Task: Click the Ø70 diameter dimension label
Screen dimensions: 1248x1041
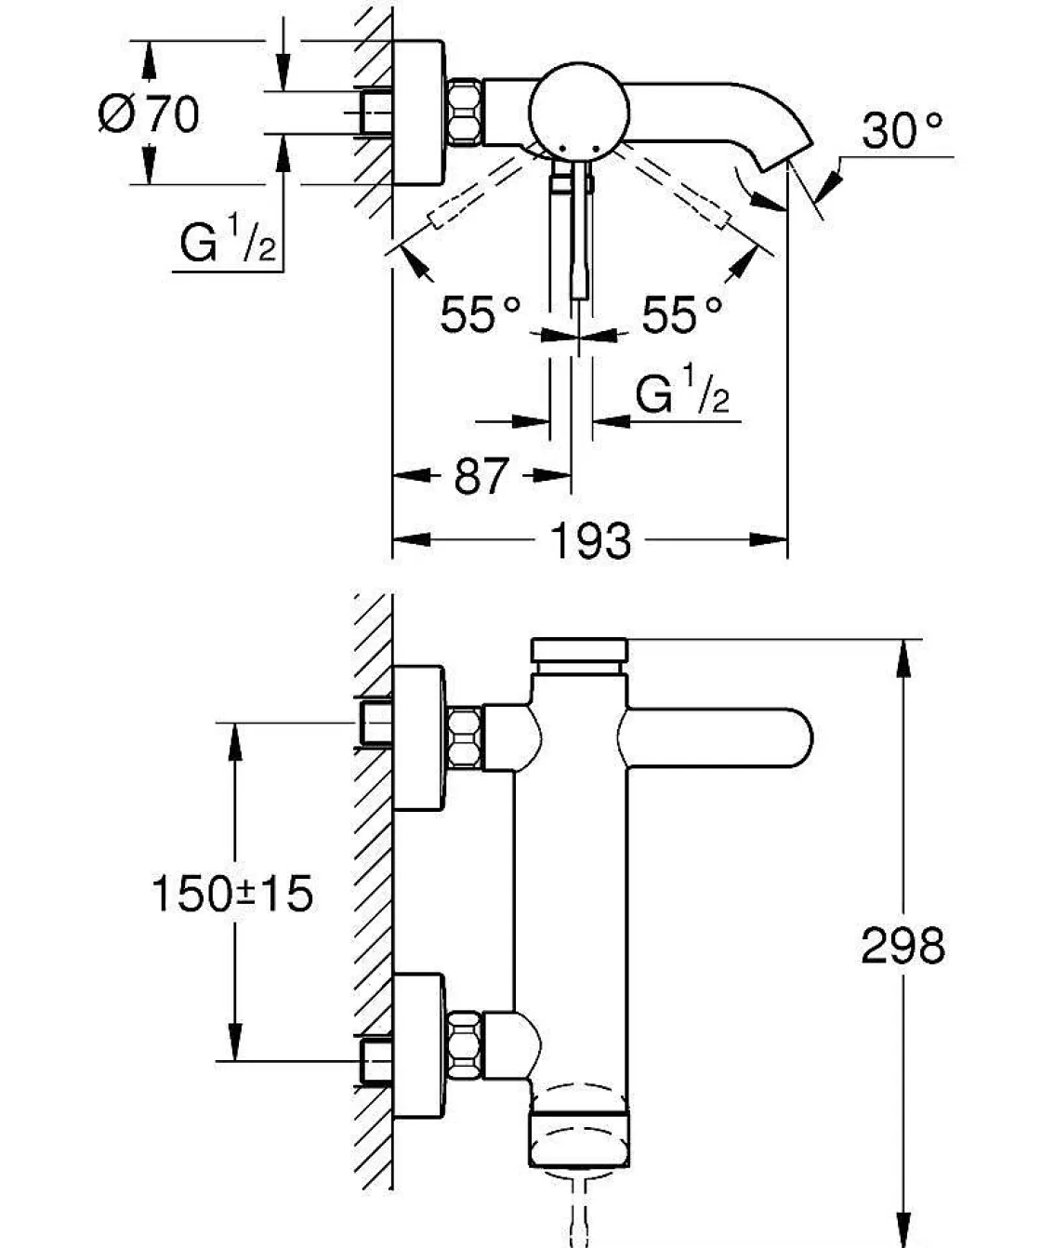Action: [149, 114]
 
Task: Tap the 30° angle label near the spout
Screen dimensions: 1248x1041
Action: [901, 131]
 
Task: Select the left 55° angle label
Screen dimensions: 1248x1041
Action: [480, 314]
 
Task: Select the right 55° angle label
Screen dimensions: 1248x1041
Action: [681, 314]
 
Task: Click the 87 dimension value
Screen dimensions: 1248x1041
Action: [481, 476]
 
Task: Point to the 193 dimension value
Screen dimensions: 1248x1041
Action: [591, 540]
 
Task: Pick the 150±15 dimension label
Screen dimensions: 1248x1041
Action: [232, 895]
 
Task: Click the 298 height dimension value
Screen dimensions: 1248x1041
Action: [902, 947]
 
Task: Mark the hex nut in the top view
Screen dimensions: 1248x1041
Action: [466, 113]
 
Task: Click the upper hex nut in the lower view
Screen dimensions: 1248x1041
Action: [465, 737]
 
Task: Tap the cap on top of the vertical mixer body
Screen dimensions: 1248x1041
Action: [579, 650]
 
